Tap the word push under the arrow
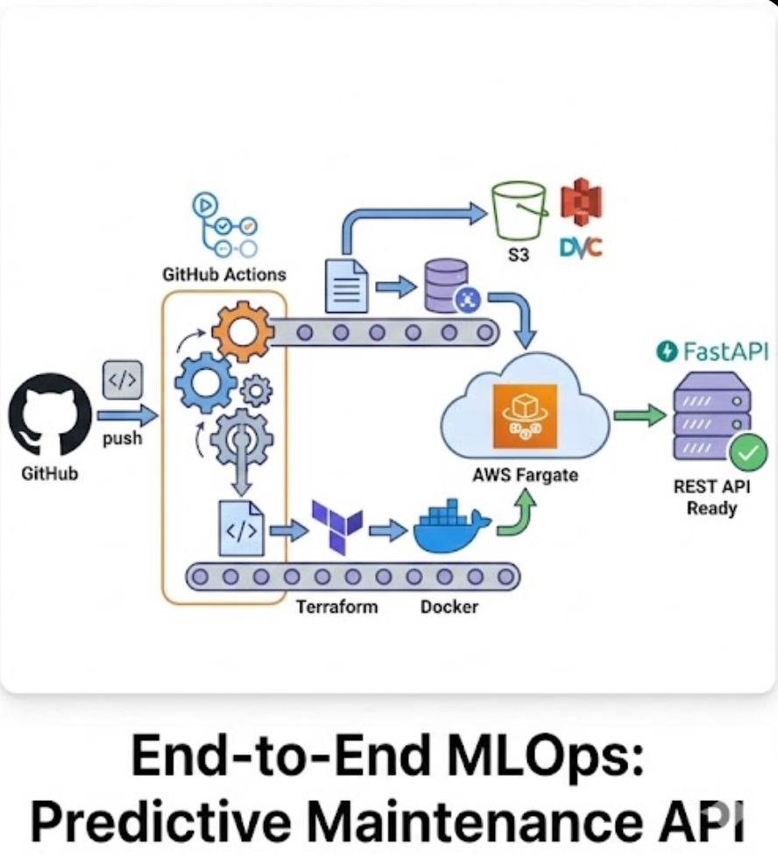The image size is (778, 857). coord(122,438)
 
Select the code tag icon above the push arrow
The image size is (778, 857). coord(123,379)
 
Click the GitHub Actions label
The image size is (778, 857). coord(223,274)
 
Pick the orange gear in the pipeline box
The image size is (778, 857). coord(243,330)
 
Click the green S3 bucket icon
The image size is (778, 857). coord(519,210)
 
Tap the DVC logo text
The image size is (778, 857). coord(580,248)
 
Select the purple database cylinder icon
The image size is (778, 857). coord(446,285)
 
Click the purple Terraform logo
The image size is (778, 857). coord(337,526)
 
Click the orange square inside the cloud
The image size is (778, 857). coord(525,415)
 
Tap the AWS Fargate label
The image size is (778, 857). coord(525,476)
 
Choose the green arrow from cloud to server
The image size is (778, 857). coord(639,415)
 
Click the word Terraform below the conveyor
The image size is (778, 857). coord(336,606)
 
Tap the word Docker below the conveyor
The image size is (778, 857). coord(449,606)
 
